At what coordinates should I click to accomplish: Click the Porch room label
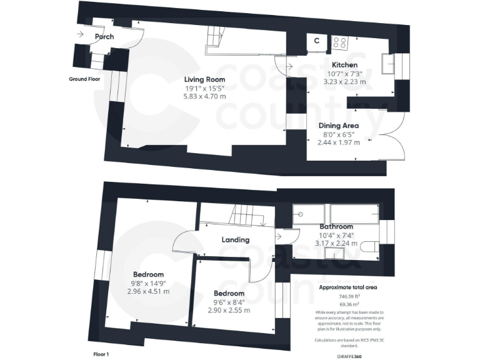pyautogui.click(x=104, y=37)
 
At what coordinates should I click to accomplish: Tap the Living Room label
pyautogui.click(x=204, y=79)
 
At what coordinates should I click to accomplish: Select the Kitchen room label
pyautogui.click(x=344, y=65)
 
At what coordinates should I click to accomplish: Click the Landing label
pyautogui.click(x=235, y=239)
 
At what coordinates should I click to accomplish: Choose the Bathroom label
pyautogui.click(x=336, y=226)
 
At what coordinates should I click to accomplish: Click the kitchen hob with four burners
pyautogui.click(x=340, y=42)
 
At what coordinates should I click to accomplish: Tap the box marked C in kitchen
pyautogui.click(x=316, y=41)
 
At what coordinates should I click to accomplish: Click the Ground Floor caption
pyautogui.click(x=84, y=79)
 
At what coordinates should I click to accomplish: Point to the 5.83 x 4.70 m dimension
pyautogui.click(x=204, y=96)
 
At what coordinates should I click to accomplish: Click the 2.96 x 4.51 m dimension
pyautogui.click(x=148, y=291)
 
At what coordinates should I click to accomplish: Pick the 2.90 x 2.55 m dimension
pyautogui.click(x=229, y=310)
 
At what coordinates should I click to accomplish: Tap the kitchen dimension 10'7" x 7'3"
pyautogui.click(x=344, y=74)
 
